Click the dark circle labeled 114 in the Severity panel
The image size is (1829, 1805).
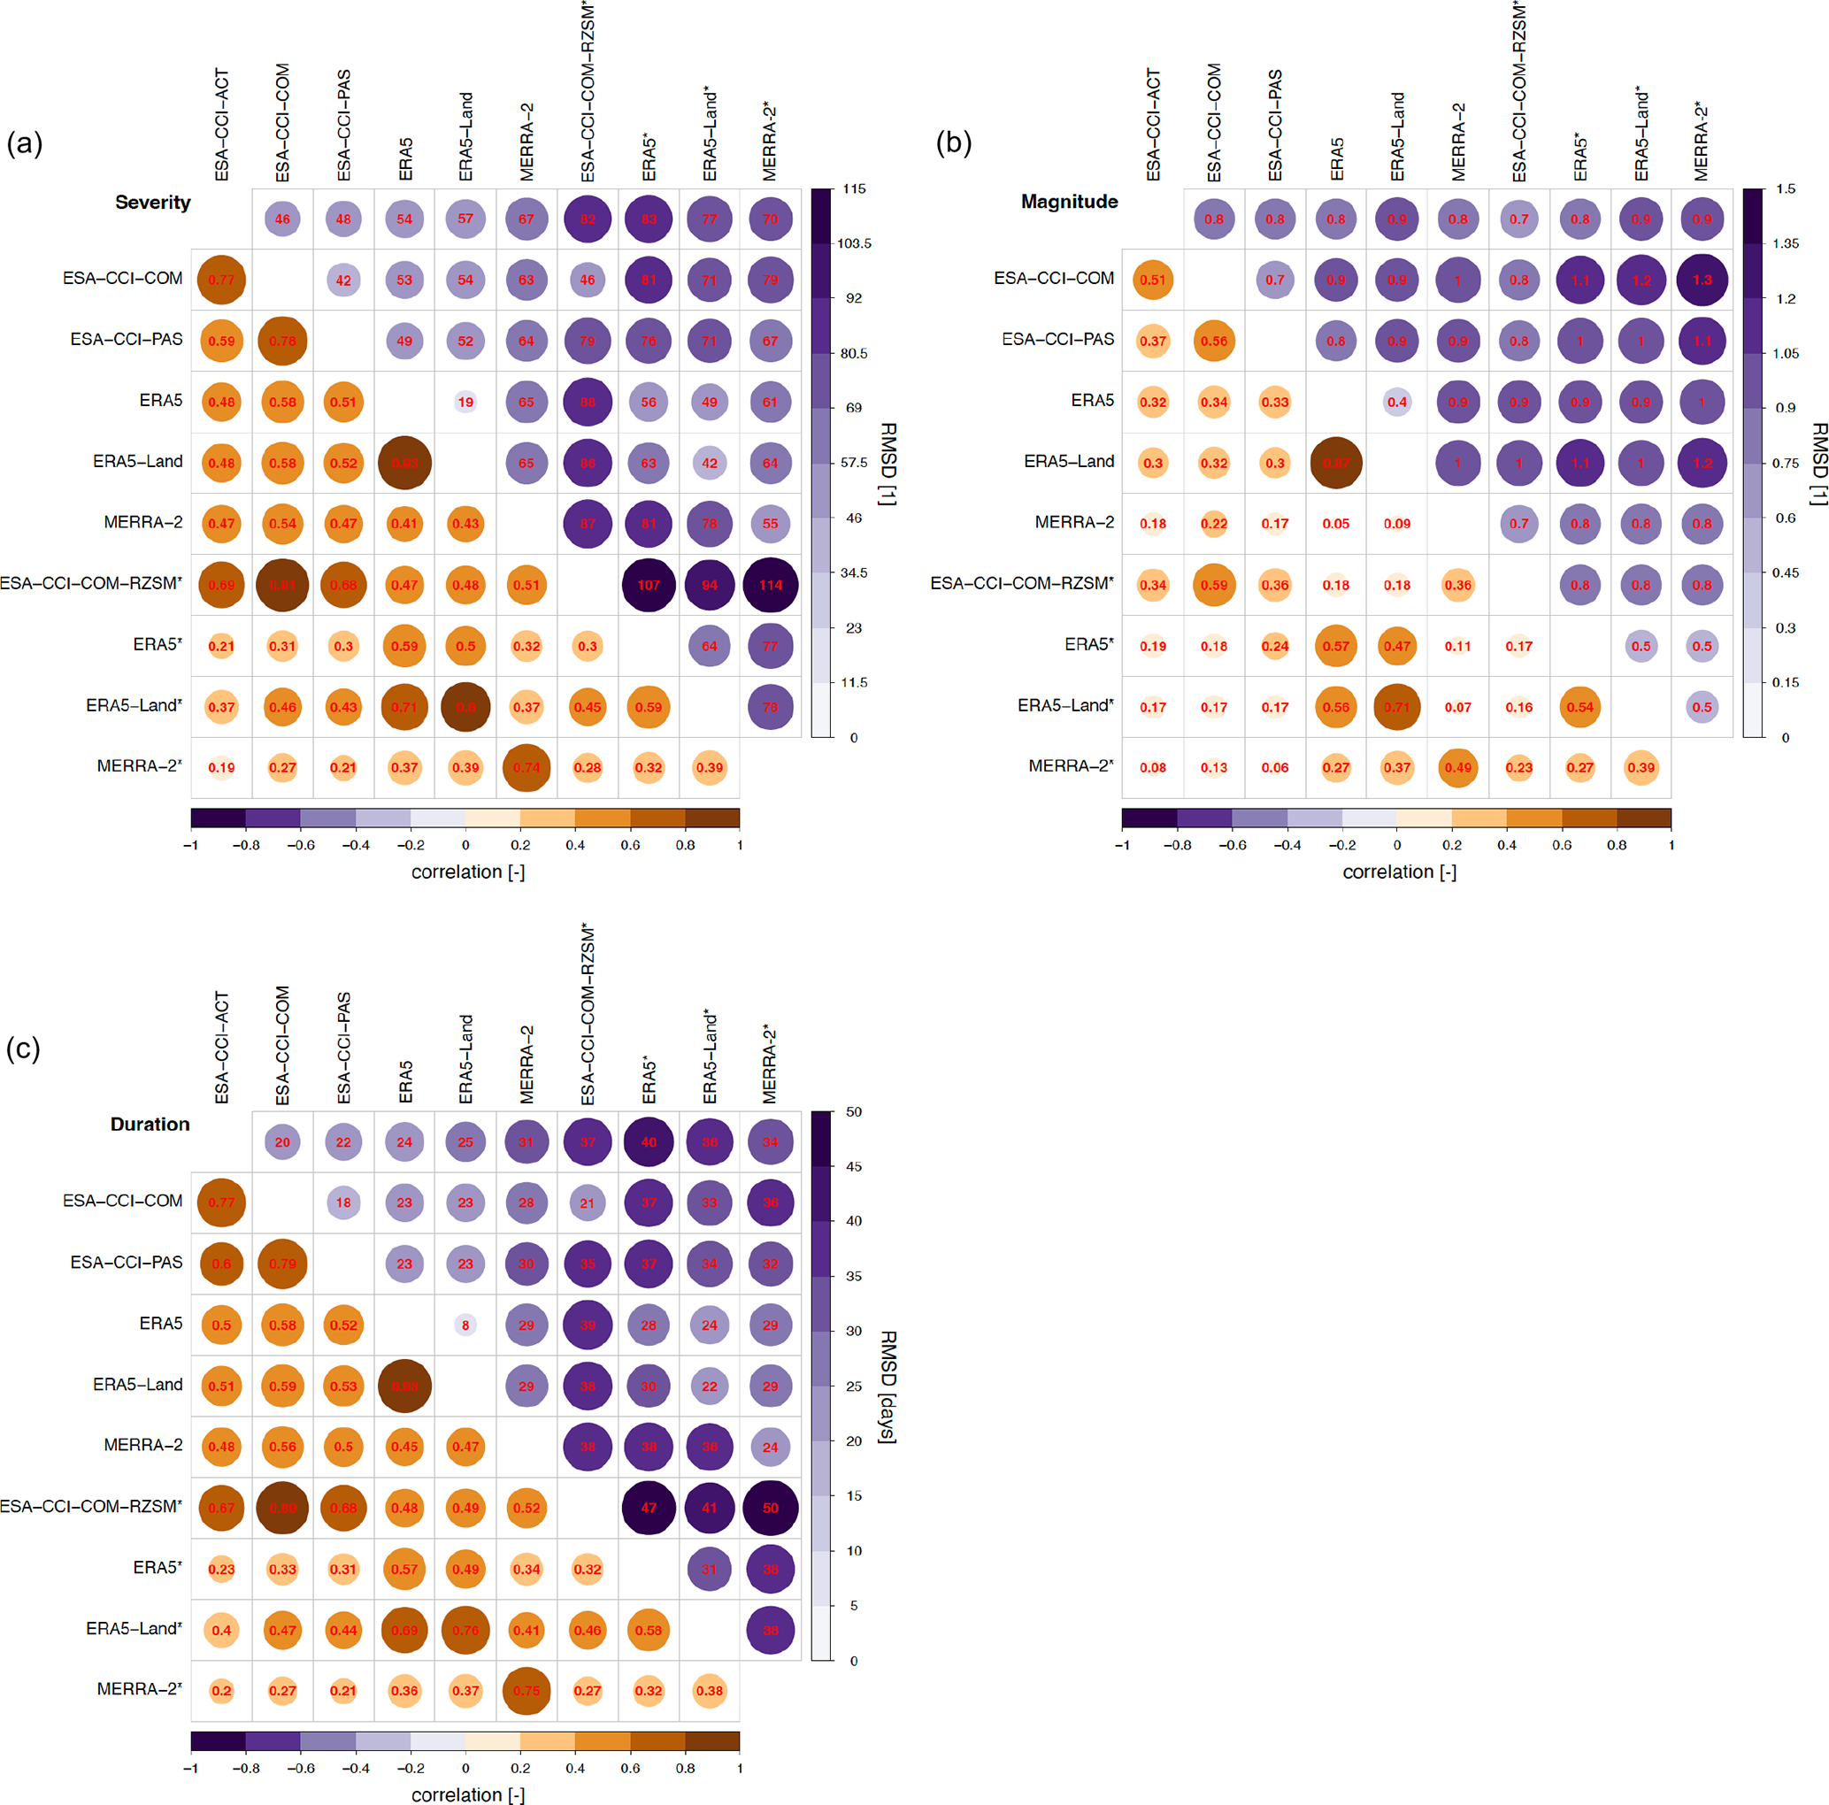click(x=770, y=585)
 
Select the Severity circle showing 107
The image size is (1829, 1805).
click(x=649, y=585)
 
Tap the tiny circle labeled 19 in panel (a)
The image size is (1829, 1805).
click(x=465, y=403)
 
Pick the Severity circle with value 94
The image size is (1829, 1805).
click(x=709, y=585)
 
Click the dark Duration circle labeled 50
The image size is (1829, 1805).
click(x=770, y=1508)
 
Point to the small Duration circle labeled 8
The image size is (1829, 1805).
click(x=465, y=1325)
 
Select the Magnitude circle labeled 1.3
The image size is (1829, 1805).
click(x=1702, y=280)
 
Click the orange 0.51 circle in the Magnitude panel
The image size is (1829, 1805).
click(x=1152, y=280)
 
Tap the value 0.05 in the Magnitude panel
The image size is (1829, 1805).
click(x=1336, y=524)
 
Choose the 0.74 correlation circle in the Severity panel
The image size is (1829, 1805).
click(x=526, y=768)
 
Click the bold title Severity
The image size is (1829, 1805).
click(x=152, y=203)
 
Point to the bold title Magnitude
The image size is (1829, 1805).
click(x=1069, y=202)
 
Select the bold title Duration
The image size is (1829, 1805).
click(x=150, y=1125)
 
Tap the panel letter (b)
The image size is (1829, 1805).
click(x=953, y=143)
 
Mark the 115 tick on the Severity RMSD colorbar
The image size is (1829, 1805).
click(x=854, y=189)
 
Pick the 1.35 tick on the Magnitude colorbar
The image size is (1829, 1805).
click(x=1786, y=244)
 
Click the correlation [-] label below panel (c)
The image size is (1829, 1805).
click(x=468, y=1794)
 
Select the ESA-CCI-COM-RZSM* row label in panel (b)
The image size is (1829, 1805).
click(x=1021, y=584)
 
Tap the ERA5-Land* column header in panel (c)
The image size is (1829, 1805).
click(x=710, y=1056)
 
